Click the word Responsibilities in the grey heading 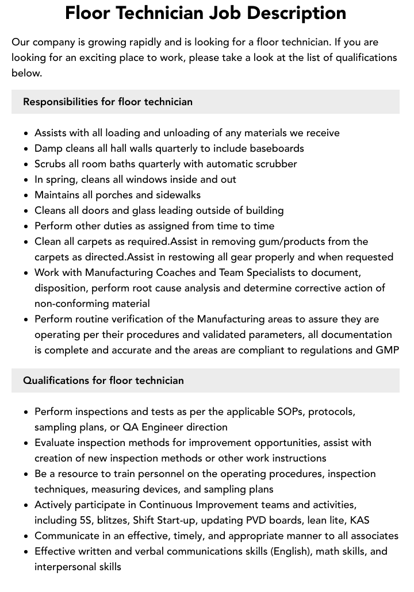tap(60, 102)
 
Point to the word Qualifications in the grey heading tap(55, 380)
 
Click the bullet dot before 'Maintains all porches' tap(26, 195)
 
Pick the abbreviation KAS tap(359, 521)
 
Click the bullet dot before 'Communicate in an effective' tap(26, 536)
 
